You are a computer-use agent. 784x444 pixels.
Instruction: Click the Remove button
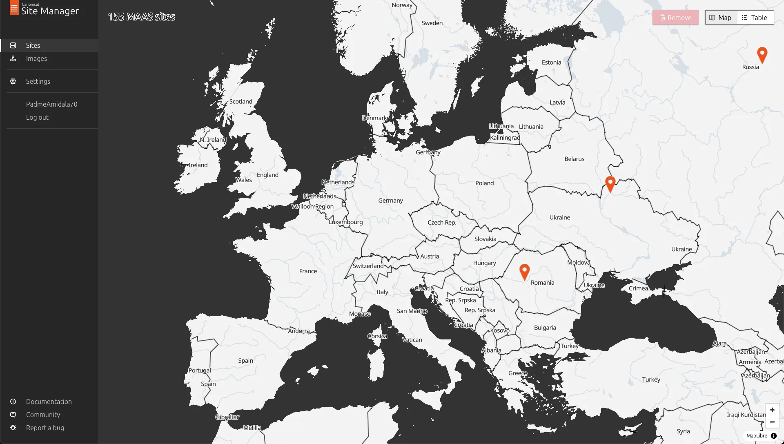[x=675, y=18]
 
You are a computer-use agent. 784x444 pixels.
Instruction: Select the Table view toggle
[x=755, y=18]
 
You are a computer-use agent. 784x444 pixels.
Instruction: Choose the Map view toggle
[x=721, y=18]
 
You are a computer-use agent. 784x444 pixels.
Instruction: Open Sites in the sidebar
[x=33, y=45]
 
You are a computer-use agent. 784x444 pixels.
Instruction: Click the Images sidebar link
[x=36, y=58]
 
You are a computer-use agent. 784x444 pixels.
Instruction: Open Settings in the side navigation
[x=38, y=81]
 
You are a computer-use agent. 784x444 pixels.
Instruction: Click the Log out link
[x=37, y=117]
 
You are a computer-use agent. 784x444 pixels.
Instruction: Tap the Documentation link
[x=49, y=402]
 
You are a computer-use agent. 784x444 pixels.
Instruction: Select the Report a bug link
[x=45, y=428]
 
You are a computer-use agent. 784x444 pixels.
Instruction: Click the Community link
[x=43, y=415]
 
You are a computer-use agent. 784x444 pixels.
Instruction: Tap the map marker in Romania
[x=524, y=271]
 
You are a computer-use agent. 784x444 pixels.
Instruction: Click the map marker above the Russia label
[x=762, y=54]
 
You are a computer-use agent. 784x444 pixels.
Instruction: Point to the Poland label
[x=484, y=183]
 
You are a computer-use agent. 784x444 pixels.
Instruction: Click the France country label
[x=308, y=271]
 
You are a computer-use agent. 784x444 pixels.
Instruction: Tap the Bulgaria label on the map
[x=545, y=328]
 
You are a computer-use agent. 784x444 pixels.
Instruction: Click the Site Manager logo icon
[x=14, y=8]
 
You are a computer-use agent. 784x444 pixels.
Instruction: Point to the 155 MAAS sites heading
[x=141, y=17]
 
